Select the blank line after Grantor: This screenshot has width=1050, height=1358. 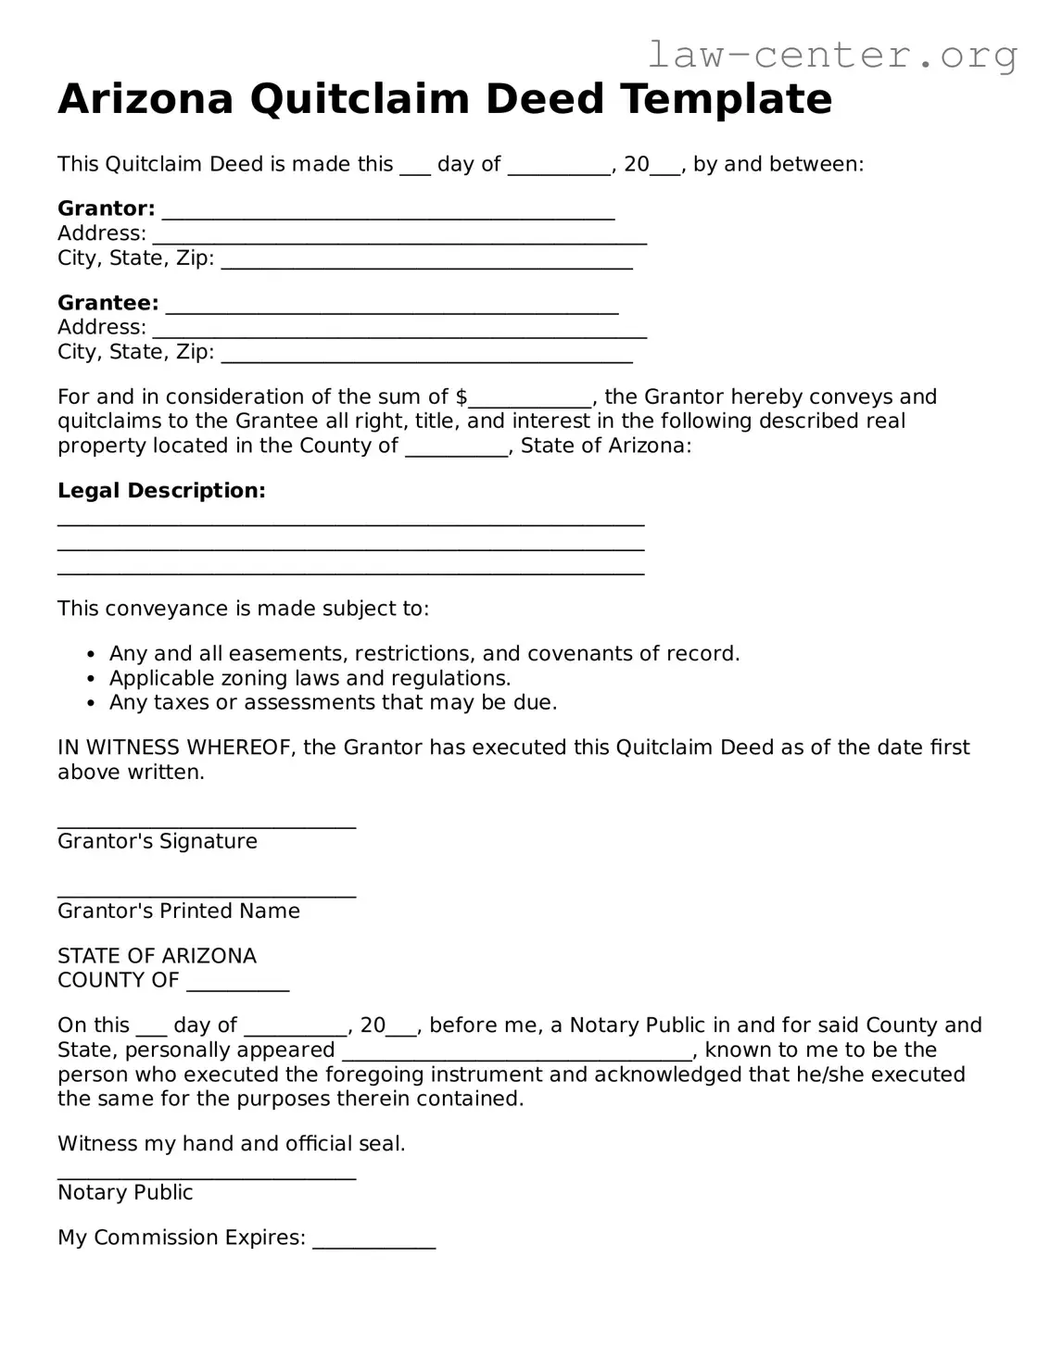(x=388, y=213)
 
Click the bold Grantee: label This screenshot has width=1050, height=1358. (x=108, y=303)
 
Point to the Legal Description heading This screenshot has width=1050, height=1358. (x=161, y=491)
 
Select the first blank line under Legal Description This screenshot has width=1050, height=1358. (x=350, y=524)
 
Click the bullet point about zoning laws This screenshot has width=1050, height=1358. (x=310, y=678)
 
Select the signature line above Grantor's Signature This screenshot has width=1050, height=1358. (x=207, y=824)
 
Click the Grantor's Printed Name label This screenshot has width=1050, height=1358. (x=179, y=912)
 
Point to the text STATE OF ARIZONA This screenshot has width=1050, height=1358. (x=157, y=956)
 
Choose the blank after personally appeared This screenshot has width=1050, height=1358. (x=517, y=1054)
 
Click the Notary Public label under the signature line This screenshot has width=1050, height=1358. (x=125, y=1193)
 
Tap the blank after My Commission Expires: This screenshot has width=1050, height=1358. (x=373, y=1243)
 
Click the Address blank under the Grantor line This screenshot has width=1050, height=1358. (x=399, y=238)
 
